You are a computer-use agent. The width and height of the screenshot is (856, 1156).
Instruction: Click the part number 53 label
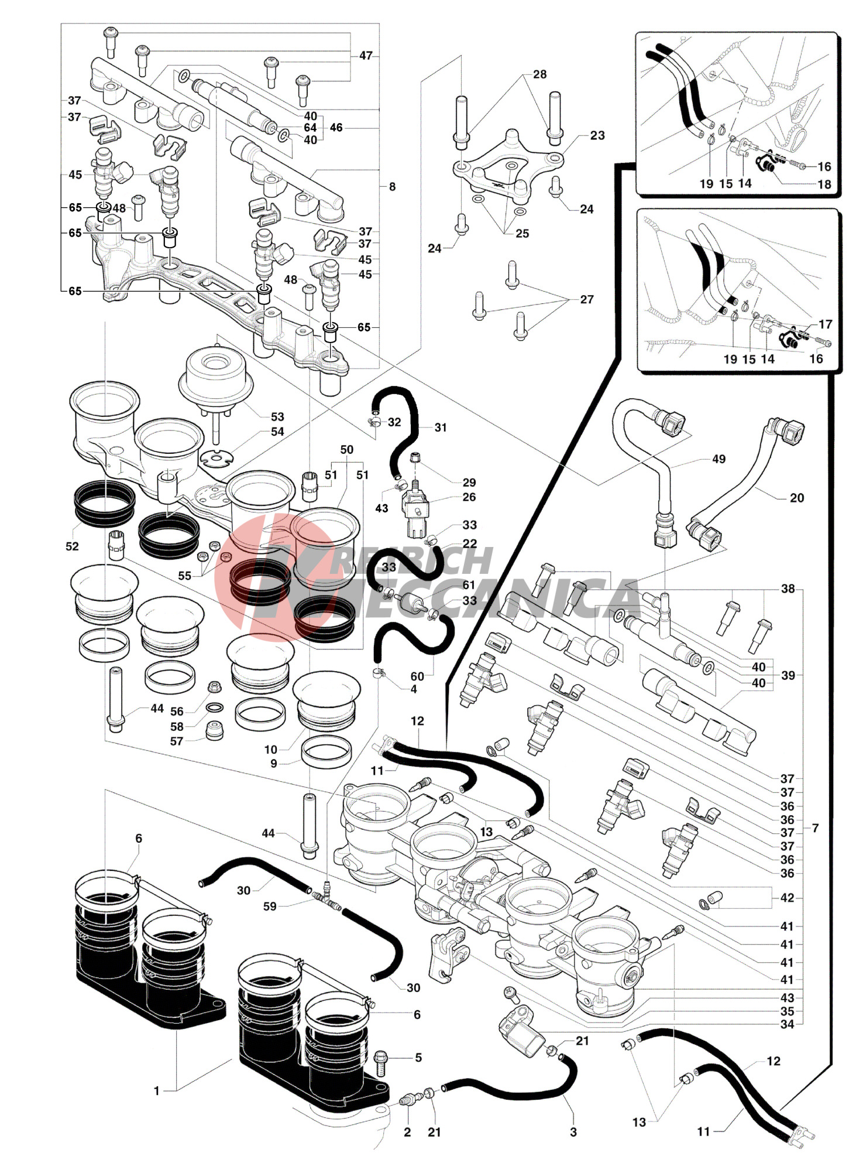277,417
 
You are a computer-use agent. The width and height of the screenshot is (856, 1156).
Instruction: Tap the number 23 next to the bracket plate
597,135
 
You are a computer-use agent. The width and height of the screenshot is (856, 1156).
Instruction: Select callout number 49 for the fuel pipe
719,459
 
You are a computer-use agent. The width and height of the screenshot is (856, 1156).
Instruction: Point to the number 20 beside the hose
797,498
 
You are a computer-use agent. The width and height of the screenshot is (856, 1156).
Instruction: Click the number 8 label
392,187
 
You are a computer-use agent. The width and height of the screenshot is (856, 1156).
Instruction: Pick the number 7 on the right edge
815,828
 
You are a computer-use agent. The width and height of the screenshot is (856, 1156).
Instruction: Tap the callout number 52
72,546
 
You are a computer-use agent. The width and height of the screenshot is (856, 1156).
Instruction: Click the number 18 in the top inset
824,184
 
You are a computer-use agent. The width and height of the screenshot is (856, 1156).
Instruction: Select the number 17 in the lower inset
825,324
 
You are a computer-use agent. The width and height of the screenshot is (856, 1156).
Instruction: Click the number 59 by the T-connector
270,907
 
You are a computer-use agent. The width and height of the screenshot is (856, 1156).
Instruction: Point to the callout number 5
418,1058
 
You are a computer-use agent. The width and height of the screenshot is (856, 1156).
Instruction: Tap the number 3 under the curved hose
573,1132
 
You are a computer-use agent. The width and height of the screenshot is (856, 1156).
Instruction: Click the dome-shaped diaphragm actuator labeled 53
215,372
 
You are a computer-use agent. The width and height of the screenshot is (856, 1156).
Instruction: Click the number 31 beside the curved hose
441,428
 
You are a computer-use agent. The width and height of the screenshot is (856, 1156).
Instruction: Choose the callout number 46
336,128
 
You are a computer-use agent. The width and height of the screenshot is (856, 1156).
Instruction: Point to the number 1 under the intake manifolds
156,1091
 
